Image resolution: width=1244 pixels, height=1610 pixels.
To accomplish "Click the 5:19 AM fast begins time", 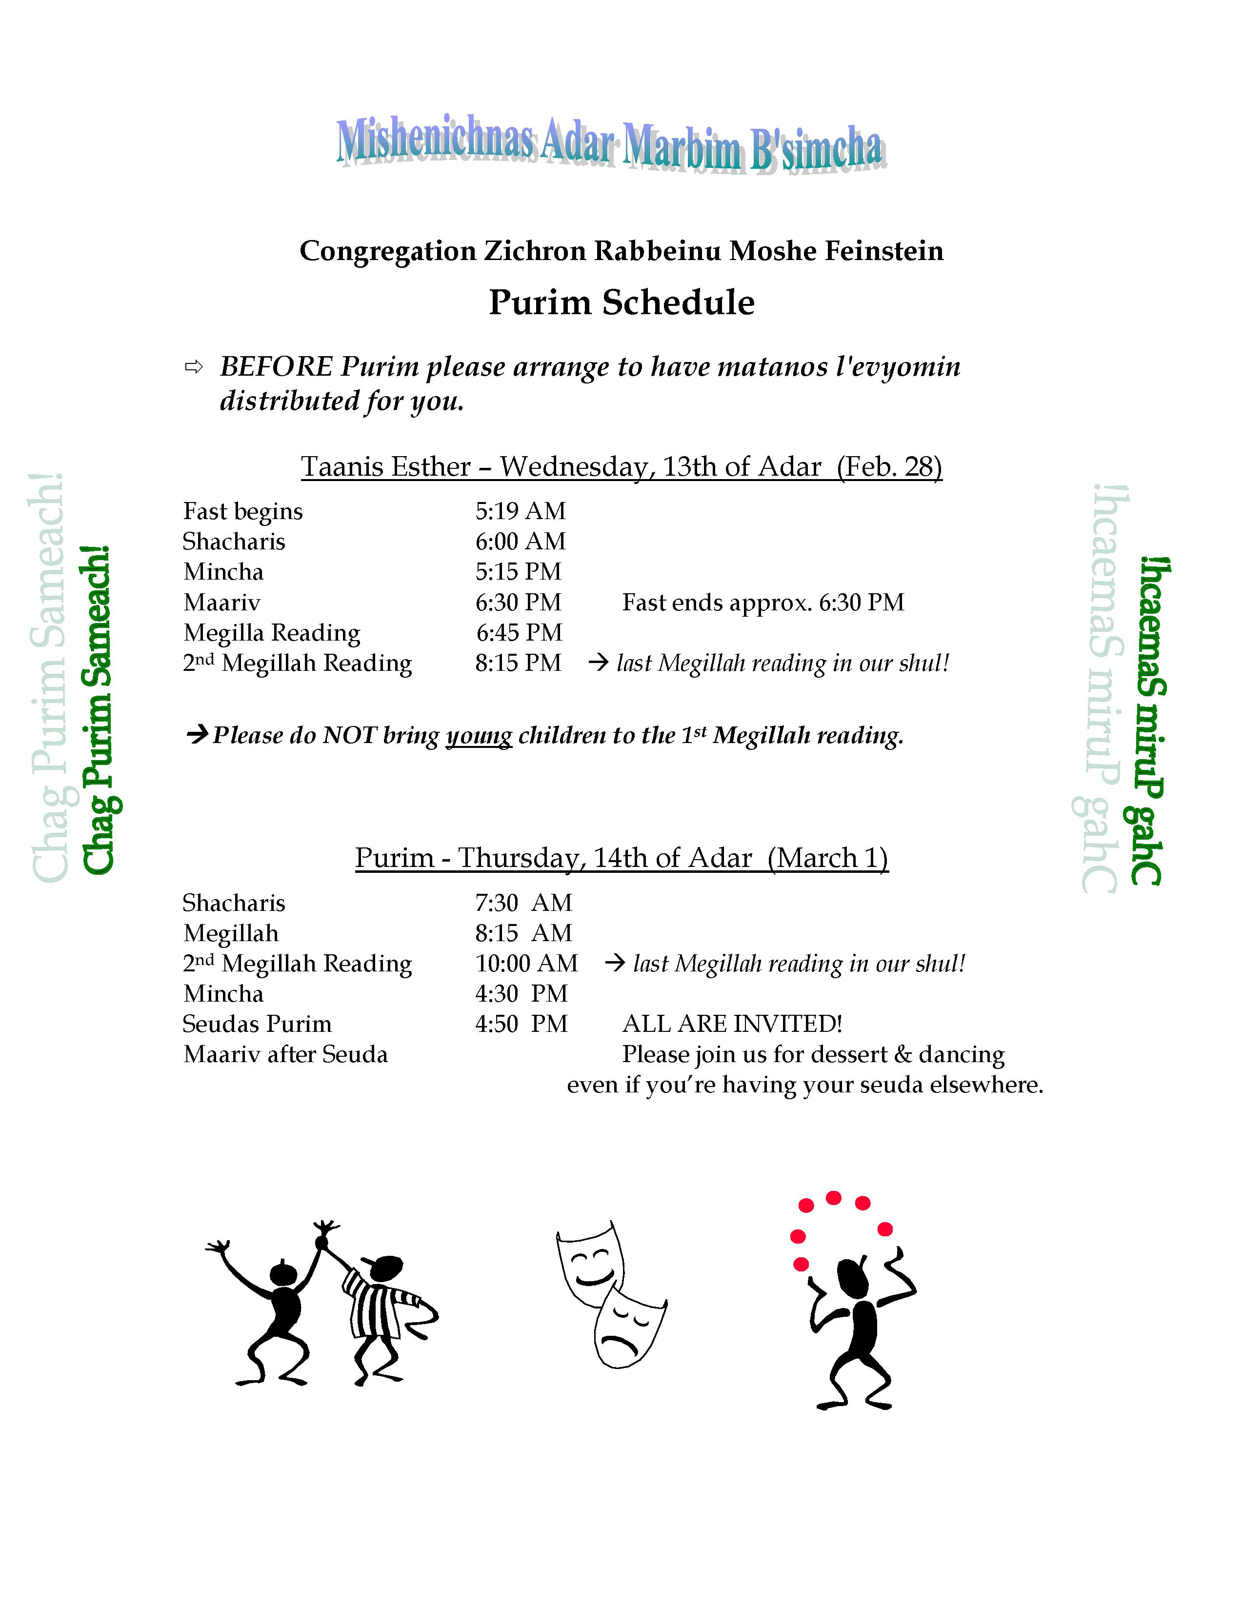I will [x=521, y=511].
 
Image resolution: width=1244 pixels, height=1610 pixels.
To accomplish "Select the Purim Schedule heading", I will [x=621, y=302].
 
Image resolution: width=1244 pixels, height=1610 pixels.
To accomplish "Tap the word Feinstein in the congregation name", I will [x=883, y=251].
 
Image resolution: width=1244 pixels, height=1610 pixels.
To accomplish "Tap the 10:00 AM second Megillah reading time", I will [x=526, y=964].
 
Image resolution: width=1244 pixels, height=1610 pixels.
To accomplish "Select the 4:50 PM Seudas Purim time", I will [x=521, y=1024].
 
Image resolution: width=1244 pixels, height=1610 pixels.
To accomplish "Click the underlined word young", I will [x=479, y=736].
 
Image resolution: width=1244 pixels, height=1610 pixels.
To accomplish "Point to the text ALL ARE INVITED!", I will [x=732, y=1024].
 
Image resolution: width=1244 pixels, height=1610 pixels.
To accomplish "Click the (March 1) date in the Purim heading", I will [x=827, y=858].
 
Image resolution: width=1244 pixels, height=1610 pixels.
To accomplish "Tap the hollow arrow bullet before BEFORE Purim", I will [x=194, y=367].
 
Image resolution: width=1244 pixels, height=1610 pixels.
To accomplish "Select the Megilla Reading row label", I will [x=272, y=632].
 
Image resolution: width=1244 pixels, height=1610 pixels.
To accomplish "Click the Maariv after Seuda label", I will [x=285, y=1054].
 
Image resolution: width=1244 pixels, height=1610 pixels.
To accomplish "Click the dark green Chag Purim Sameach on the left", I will [x=99, y=711].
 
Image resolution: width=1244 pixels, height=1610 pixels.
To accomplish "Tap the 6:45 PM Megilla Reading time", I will [x=519, y=632].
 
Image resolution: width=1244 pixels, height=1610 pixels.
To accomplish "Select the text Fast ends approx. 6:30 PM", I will [x=763, y=602].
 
